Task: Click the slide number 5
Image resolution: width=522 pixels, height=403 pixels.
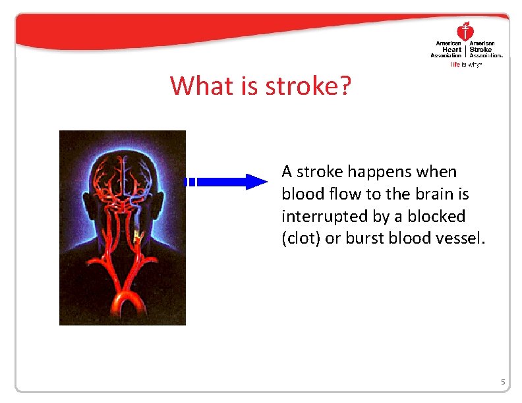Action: (x=502, y=382)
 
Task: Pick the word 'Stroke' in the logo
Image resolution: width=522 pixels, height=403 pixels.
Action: (x=481, y=49)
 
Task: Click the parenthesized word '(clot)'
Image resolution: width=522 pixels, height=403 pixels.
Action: (x=301, y=238)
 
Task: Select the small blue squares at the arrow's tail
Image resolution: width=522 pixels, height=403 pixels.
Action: (x=190, y=182)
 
